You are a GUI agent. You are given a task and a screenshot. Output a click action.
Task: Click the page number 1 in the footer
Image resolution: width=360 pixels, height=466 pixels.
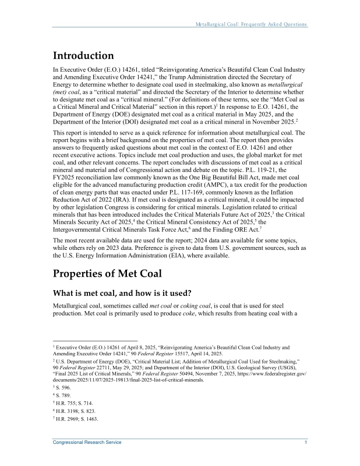306,443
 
